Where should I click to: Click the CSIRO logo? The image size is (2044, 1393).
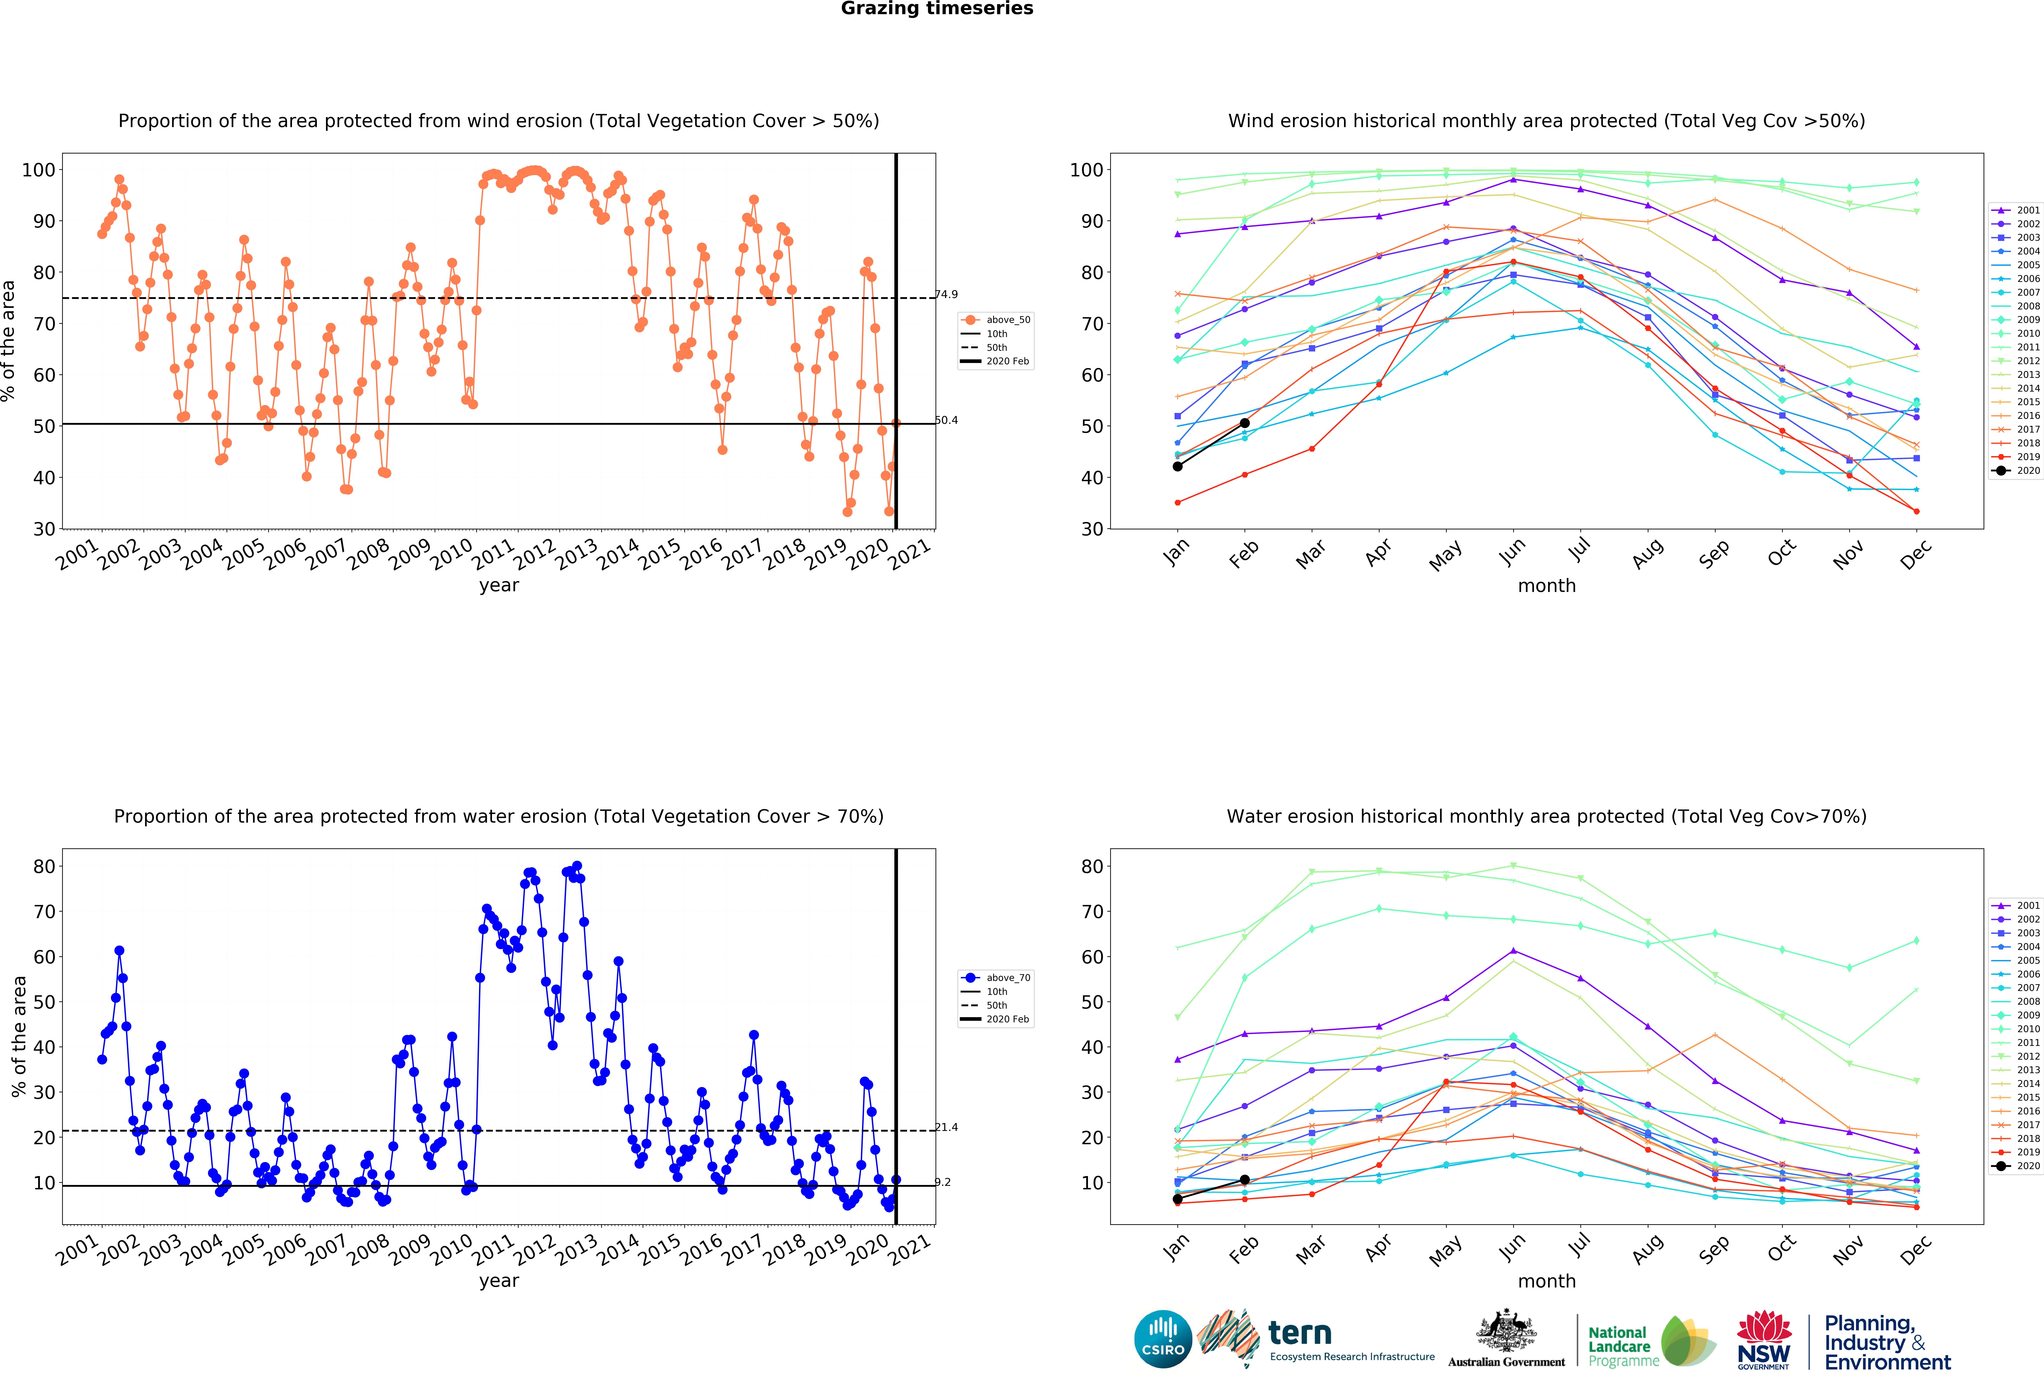tap(1163, 1339)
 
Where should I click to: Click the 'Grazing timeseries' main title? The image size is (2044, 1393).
tap(937, 9)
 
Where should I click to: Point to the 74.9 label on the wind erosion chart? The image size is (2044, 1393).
tap(946, 295)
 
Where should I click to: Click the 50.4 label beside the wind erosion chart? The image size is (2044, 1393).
tap(946, 420)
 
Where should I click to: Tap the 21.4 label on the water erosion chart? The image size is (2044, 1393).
tap(946, 1127)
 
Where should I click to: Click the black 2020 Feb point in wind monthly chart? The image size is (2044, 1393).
tap(1245, 423)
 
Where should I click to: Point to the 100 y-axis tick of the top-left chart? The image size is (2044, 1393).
tap(39, 170)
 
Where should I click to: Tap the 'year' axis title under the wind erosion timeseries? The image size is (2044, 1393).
tap(499, 586)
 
